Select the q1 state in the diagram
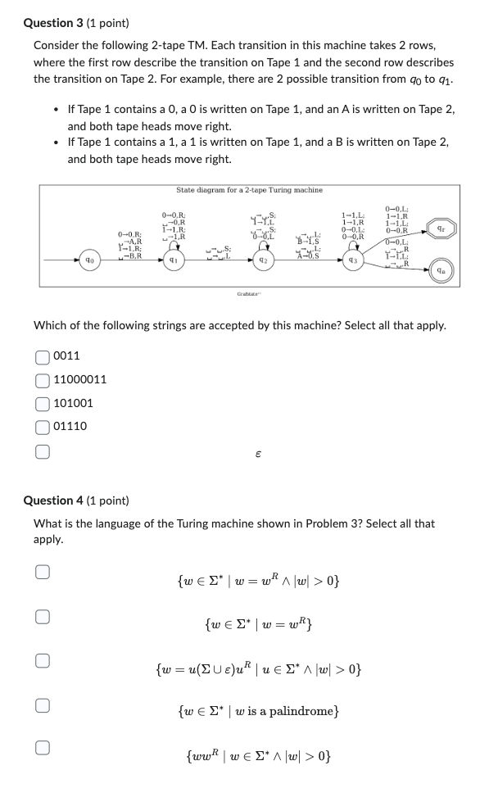173,260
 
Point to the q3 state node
353,260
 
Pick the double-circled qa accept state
443,268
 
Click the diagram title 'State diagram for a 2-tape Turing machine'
249,190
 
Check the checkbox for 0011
41,356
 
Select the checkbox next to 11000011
41,379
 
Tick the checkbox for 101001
41,403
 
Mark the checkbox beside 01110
41,426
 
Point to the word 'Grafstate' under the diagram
248,292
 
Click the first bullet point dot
55,109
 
